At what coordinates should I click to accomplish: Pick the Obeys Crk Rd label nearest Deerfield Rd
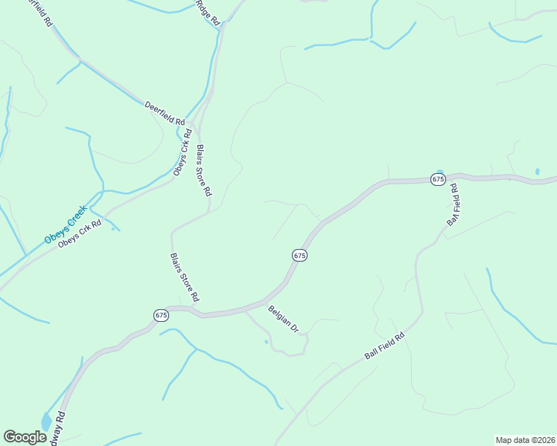coord(182,153)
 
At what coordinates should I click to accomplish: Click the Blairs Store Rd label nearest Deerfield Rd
coord(203,169)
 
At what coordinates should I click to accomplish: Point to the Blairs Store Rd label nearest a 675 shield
coord(184,277)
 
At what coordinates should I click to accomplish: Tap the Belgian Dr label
coord(283,318)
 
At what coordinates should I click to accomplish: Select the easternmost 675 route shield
coord(438,179)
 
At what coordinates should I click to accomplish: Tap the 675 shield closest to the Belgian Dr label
coord(299,255)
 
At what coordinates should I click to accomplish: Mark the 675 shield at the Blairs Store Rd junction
coord(162,315)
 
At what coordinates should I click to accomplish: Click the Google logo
coord(25,437)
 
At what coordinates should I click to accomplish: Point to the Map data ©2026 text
coord(525,439)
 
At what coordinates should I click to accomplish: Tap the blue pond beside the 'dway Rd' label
coord(46,422)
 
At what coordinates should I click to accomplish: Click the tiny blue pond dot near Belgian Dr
coord(266,342)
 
